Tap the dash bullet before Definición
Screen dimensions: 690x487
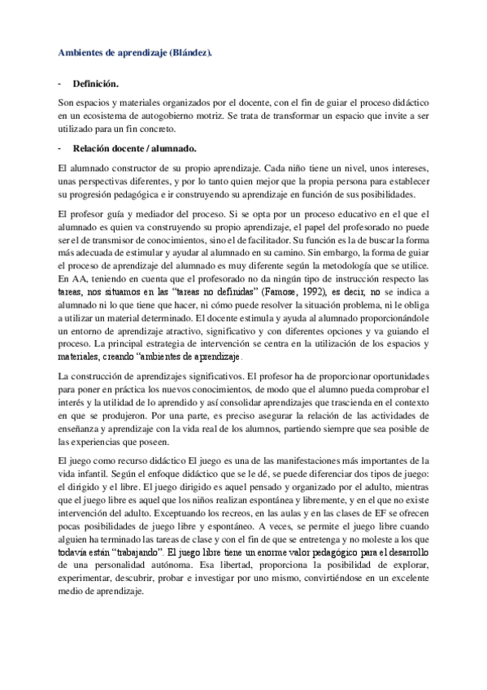tap(61, 84)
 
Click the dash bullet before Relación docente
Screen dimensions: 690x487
tap(61, 148)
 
